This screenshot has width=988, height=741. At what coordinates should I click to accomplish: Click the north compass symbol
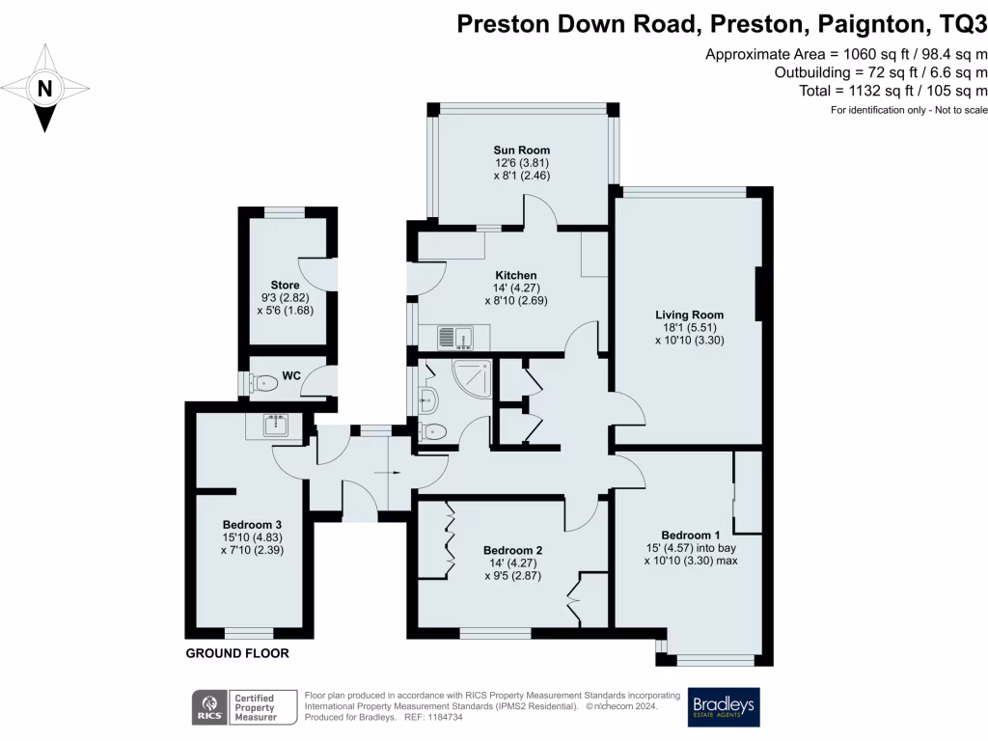click(44, 89)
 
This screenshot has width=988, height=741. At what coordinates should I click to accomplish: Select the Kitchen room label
click(509, 275)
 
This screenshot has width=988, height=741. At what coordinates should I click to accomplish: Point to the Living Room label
click(689, 315)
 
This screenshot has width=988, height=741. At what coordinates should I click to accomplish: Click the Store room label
click(285, 286)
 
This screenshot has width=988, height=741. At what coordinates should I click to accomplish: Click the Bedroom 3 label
click(252, 524)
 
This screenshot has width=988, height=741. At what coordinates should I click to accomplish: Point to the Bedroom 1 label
click(690, 535)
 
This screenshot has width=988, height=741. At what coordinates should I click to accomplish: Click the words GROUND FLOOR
click(236, 653)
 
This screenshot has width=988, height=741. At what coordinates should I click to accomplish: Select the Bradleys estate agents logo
click(724, 706)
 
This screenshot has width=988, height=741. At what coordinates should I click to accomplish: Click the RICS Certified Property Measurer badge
click(237, 707)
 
